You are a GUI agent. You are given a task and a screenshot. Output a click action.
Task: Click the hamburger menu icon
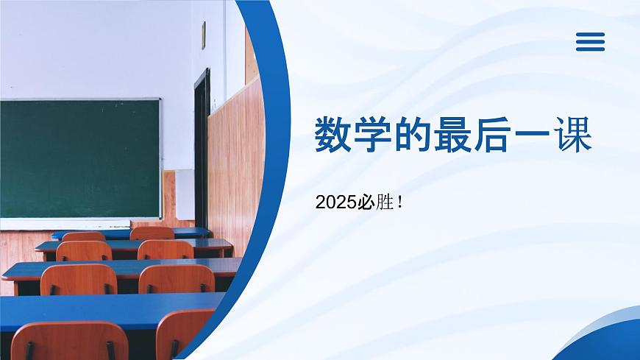click(x=590, y=41)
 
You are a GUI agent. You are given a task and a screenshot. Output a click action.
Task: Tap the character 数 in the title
click(x=333, y=135)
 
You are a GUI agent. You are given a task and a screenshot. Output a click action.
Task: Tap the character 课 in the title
click(x=572, y=135)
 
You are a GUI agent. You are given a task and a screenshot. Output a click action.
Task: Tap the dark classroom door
click(x=201, y=147)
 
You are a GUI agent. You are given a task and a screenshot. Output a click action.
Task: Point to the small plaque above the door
click(x=203, y=35)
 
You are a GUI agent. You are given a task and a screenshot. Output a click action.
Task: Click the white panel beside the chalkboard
click(x=184, y=194)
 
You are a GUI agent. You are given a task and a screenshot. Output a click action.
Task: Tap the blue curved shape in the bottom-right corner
click(x=611, y=339)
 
